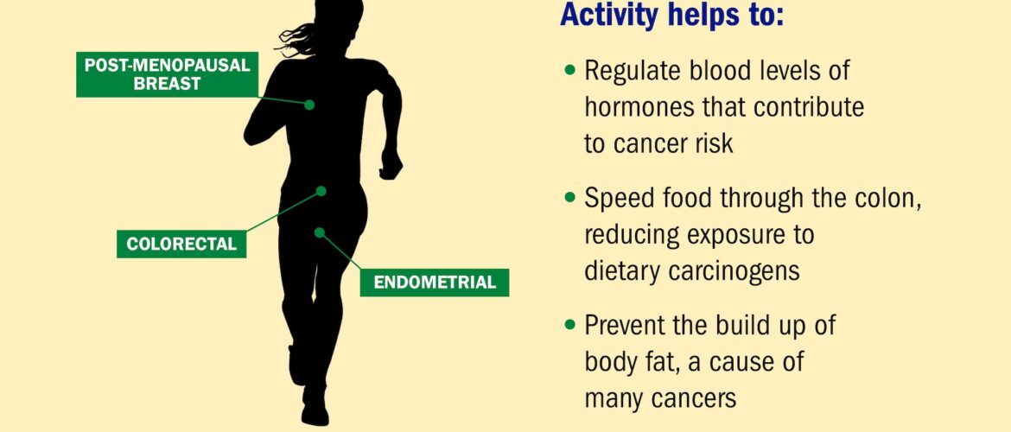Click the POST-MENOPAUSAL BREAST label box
(x=167, y=75)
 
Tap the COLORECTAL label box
(x=181, y=245)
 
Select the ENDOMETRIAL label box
(x=435, y=283)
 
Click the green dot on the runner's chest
(x=309, y=105)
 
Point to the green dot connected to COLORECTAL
(x=321, y=191)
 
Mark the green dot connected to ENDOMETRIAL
(x=319, y=232)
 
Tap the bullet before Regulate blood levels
(x=569, y=69)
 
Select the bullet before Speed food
(x=569, y=197)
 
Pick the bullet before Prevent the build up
(x=569, y=324)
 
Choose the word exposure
(x=735, y=236)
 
